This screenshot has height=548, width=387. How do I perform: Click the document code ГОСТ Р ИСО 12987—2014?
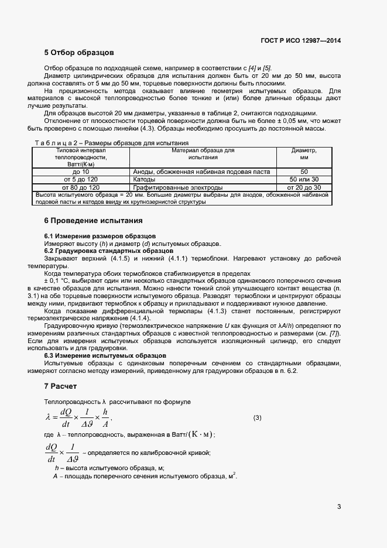(x=301, y=40)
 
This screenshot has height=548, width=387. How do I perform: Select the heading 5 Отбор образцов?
(x=79, y=53)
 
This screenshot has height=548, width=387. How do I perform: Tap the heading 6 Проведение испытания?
(x=93, y=221)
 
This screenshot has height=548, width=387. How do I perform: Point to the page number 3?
(x=339, y=506)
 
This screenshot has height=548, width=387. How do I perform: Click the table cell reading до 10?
(x=81, y=172)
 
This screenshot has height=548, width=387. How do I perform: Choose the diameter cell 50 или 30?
(x=304, y=180)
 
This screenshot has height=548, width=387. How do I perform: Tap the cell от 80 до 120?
(x=81, y=187)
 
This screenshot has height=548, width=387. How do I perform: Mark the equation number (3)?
(x=257, y=417)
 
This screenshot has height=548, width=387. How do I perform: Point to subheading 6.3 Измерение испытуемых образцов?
(x=105, y=355)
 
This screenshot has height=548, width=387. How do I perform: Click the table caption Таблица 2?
(x=57, y=143)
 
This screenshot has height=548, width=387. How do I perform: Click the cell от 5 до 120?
(x=81, y=180)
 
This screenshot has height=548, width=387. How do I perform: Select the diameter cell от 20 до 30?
(x=304, y=187)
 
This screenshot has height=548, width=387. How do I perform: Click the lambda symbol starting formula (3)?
(x=49, y=417)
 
